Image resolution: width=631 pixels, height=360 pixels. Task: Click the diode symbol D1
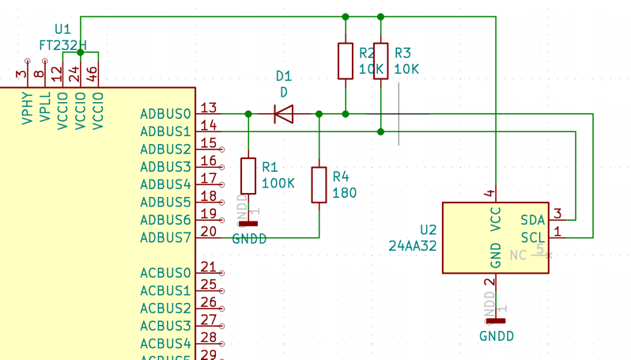point(283,114)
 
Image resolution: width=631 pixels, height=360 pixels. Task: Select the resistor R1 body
point(248,176)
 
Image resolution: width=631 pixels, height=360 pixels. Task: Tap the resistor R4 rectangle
point(319,184)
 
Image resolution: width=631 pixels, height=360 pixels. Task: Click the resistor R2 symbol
point(346,61)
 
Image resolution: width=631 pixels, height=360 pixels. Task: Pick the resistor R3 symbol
point(381,61)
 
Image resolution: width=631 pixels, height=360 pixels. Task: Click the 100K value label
point(278,183)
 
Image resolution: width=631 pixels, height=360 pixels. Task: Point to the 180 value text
point(344,192)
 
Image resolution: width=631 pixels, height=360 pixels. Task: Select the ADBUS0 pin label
point(165,114)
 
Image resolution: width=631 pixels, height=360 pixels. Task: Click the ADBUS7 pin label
point(165,237)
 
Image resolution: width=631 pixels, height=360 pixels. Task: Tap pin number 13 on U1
point(209,108)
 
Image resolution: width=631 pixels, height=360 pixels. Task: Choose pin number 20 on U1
point(209,231)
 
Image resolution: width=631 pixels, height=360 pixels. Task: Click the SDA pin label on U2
point(532,220)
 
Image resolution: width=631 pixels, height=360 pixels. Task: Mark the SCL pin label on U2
point(532,237)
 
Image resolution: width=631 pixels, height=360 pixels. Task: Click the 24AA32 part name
point(413,245)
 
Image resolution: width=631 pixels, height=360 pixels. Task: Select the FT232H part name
point(62,45)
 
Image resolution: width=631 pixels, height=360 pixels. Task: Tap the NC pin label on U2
point(518,255)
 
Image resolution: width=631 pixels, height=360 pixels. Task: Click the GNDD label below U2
point(497,335)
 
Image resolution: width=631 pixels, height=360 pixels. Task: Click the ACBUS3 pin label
point(165,325)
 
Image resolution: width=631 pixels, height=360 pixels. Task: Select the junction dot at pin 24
point(81,52)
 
